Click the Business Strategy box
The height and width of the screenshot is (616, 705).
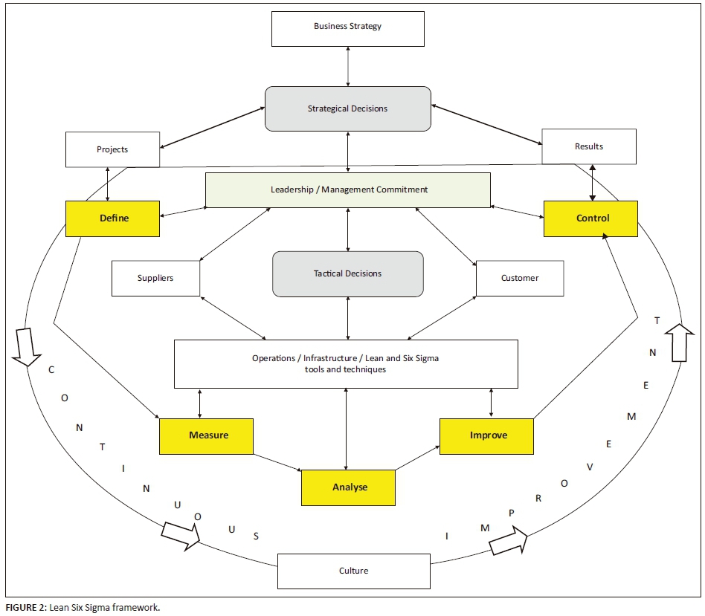pyautogui.click(x=348, y=27)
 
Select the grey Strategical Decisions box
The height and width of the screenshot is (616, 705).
pyautogui.click(x=348, y=108)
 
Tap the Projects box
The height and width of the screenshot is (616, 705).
pyautogui.click(x=112, y=149)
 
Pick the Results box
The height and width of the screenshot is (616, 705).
pyautogui.click(x=589, y=146)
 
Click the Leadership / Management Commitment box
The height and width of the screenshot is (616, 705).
pyautogui.click(x=348, y=189)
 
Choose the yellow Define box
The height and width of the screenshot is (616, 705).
pyautogui.click(x=113, y=218)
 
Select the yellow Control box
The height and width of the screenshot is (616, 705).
pyautogui.click(x=591, y=218)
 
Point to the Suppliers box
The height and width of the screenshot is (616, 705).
pyautogui.click(x=155, y=278)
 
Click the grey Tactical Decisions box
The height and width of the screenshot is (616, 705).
pyautogui.click(x=347, y=273)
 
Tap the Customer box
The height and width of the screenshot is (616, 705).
pyautogui.click(x=520, y=278)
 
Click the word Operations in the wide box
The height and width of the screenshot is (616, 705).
pyautogui.click(x=274, y=358)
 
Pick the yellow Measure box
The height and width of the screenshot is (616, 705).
pyautogui.click(x=207, y=435)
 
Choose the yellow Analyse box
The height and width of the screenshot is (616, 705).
pyautogui.click(x=348, y=487)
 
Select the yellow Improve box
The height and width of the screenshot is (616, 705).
pyautogui.click(x=487, y=435)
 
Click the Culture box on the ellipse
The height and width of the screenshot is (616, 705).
pyautogui.click(x=353, y=571)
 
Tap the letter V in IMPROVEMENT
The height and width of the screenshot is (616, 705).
pyautogui.click(x=590, y=467)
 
